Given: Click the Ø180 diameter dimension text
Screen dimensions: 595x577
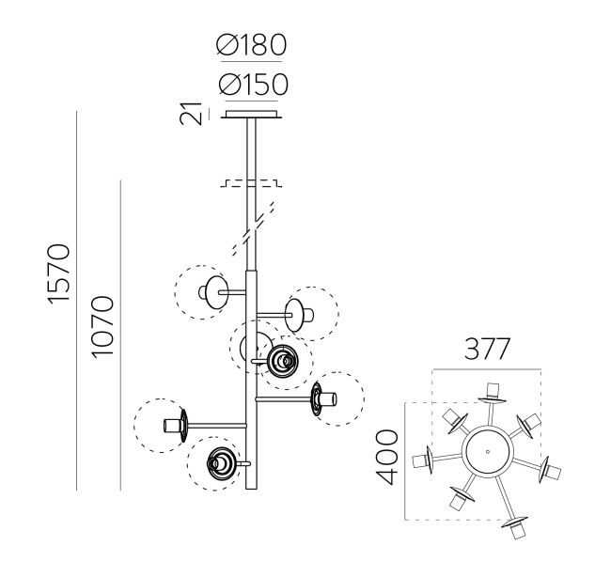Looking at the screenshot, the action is pos(251,45).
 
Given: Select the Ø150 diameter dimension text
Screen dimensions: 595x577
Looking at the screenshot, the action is pos(253,84).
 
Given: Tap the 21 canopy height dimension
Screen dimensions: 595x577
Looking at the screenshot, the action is pos(191,113).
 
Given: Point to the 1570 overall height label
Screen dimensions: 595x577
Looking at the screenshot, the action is pos(59,273).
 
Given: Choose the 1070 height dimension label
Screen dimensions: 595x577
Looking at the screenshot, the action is pos(102,327).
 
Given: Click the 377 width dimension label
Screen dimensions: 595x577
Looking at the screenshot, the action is pos(486,349).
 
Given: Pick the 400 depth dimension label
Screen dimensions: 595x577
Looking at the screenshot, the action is pos(386,457).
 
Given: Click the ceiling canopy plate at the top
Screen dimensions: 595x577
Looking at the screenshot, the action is pos(252,115).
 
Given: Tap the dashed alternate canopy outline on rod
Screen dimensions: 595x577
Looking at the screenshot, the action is pos(252,183).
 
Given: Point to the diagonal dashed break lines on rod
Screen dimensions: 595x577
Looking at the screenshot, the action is pos(254,227).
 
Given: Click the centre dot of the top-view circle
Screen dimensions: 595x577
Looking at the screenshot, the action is pos(488,451).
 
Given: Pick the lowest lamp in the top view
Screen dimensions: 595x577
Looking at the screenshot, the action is pos(516,526).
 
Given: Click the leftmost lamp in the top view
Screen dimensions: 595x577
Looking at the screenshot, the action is pos(423,460).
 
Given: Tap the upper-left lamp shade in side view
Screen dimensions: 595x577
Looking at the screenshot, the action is pos(217,292).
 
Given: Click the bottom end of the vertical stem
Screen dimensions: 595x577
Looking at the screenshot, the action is pos(251,489).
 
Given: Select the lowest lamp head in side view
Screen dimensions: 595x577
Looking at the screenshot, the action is pos(222,463).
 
